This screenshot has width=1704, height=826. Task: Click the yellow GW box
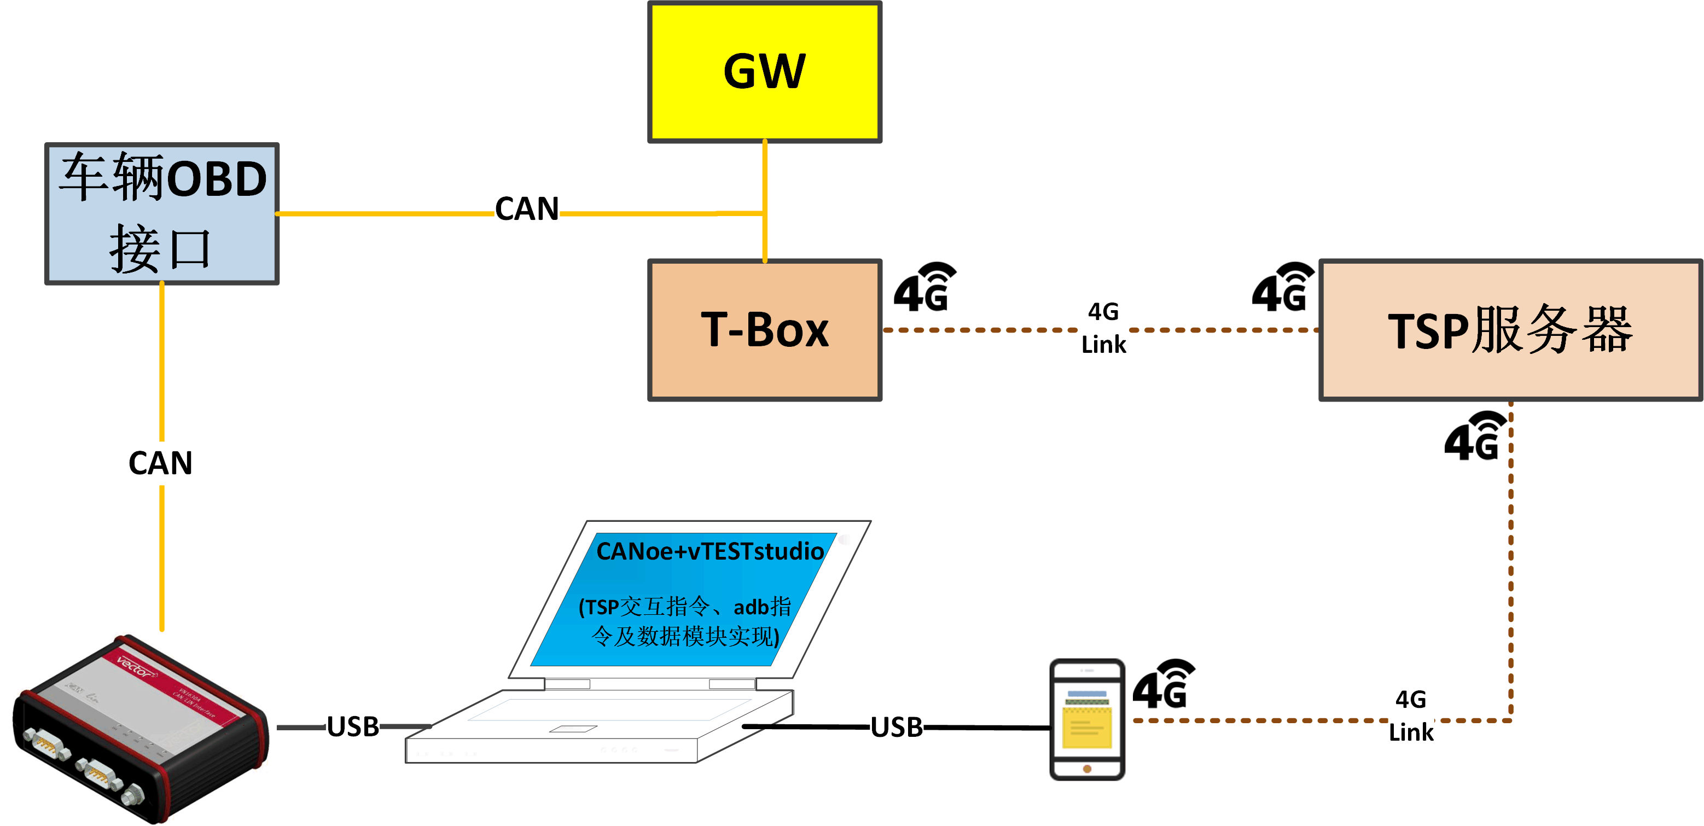pos(764,72)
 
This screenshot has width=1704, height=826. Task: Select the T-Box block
pos(764,329)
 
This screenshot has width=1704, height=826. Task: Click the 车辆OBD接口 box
pos(162,213)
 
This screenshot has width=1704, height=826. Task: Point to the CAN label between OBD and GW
pos(527,209)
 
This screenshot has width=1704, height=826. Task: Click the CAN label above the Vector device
pos(161,463)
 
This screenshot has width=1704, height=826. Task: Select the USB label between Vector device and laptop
pos(353,727)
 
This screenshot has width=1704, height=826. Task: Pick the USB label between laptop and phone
pos(897,727)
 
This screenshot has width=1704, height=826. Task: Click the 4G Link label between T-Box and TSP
pos(1103,328)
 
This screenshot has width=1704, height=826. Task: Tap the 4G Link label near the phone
pos(1411,716)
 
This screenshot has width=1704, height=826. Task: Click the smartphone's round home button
pos(1087,769)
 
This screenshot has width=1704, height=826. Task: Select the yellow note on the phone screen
pos(1087,728)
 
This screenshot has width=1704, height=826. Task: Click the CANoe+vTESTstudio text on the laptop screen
pos(710,551)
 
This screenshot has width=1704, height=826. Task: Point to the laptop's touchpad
pos(573,729)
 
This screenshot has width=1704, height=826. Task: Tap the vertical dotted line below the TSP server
pos(1511,562)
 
